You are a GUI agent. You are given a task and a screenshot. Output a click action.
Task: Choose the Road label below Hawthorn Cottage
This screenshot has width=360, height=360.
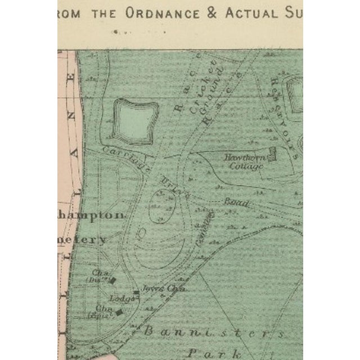[236, 201]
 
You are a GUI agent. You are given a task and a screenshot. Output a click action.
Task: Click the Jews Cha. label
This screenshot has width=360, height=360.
[156, 288]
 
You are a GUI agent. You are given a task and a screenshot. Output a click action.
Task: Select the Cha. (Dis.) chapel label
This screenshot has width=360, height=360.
[100, 277]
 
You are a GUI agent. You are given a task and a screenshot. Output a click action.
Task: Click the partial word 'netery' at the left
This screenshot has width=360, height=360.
[87, 240]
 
